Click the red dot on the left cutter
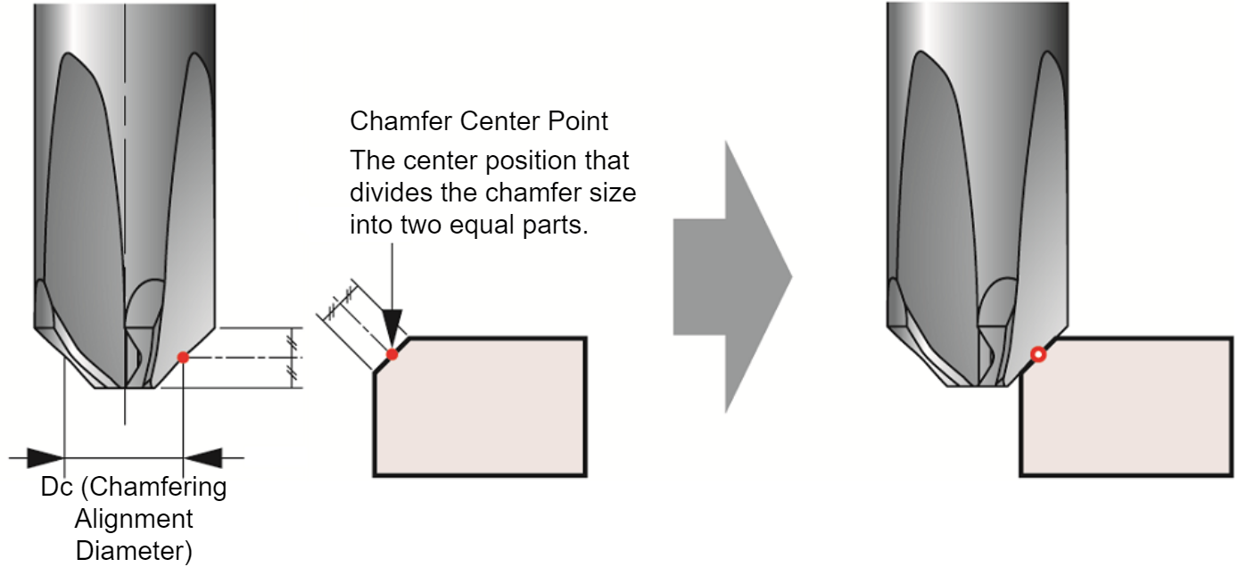pyautogui.click(x=183, y=357)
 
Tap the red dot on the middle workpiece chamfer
pyautogui.click(x=392, y=354)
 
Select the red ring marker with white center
pyautogui.click(x=1038, y=354)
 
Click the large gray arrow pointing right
pyautogui.click(x=732, y=277)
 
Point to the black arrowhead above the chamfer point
pyautogui.click(x=392, y=328)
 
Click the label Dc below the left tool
pyautogui.click(x=56, y=487)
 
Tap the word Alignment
pyautogui.click(x=134, y=519)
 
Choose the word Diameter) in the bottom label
pyautogui.click(x=134, y=551)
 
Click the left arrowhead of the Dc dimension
pyautogui.click(x=45, y=457)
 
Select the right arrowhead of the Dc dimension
pyautogui.click(x=202, y=457)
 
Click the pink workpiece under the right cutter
pyautogui.click(x=1126, y=407)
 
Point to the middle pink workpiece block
pyautogui.click(x=480, y=407)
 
